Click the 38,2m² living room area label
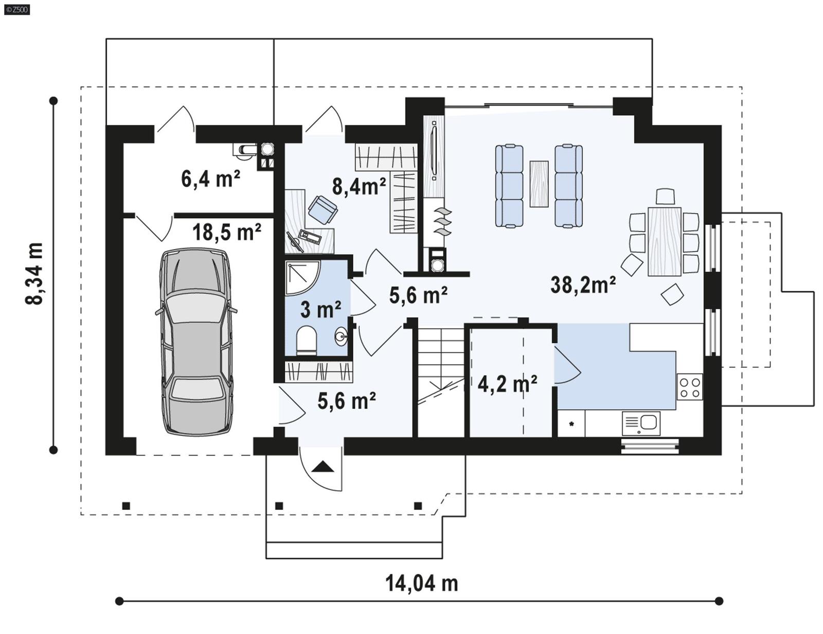pyautogui.click(x=583, y=285)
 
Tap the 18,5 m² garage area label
pyautogui.click(x=226, y=232)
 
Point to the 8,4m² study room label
pyautogui.click(x=359, y=186)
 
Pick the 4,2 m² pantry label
pyautogui.click(x=507, y=383)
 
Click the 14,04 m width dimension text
pyautogui.click(x=421, y=583)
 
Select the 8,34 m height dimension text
pyautogui.click(x=34, y=273)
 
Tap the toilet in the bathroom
pyautogui.click(x=307, y=340)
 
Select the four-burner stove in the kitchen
pyautogui.click(x=689, y=387)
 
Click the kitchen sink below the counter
pyautogui.click(x=641, y=423)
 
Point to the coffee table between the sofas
pyautogui.click(x=539, y=184)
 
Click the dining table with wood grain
pyautogui.click(x=664, y=241)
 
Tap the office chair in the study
pyautogui.click(x=323, y=209)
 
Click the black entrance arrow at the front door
pyautogui.click(x=323, y=467)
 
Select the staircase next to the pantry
pyautogui.click(x=440, y=381)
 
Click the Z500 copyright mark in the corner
pyautogui.click(x=16, y=9)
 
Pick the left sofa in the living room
pyautogui.click(x=509, y=186)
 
